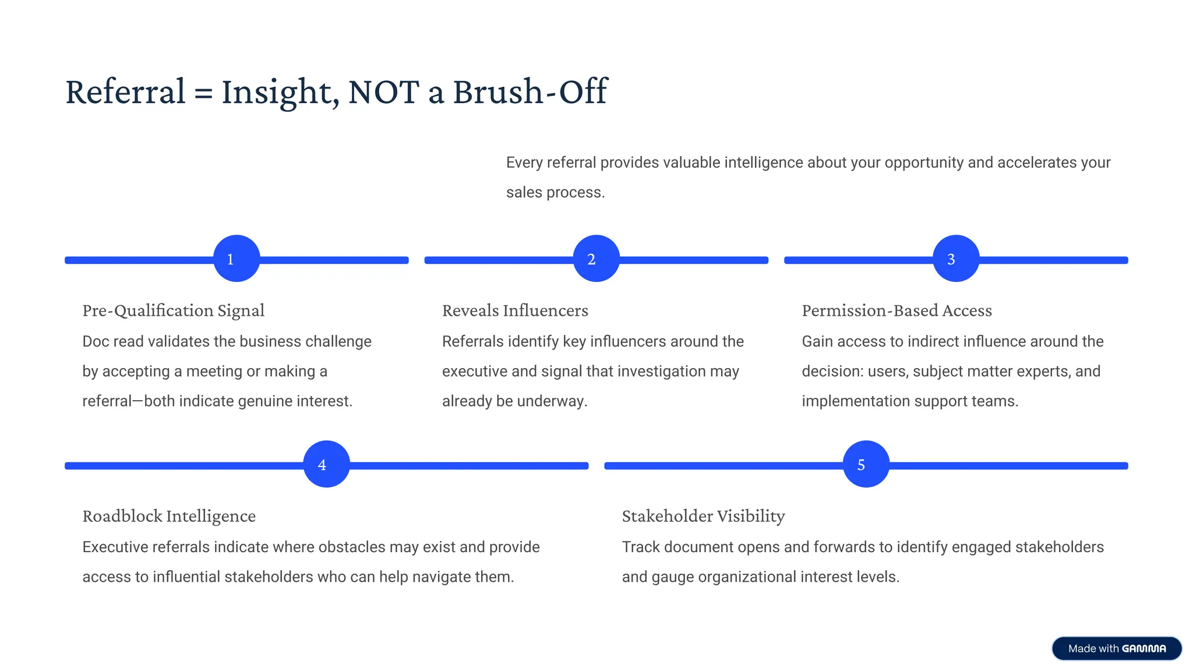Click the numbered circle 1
(x=237, y=259)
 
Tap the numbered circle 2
(x=596, y=259)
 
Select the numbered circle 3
(x=956, y=259)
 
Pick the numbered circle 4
(x=327, y=464)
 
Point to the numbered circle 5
(x=866, y=464)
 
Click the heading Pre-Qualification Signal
(x=173, y=310)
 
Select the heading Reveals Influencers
(x=515, y=310)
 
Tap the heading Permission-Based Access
(x=896, y=310)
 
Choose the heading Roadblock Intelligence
(x=169, y=516)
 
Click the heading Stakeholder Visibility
(x=703, y=516)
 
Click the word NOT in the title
(x=383, y=92)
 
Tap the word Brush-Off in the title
(x=530, y=92)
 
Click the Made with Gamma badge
(x=1117, y=648)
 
